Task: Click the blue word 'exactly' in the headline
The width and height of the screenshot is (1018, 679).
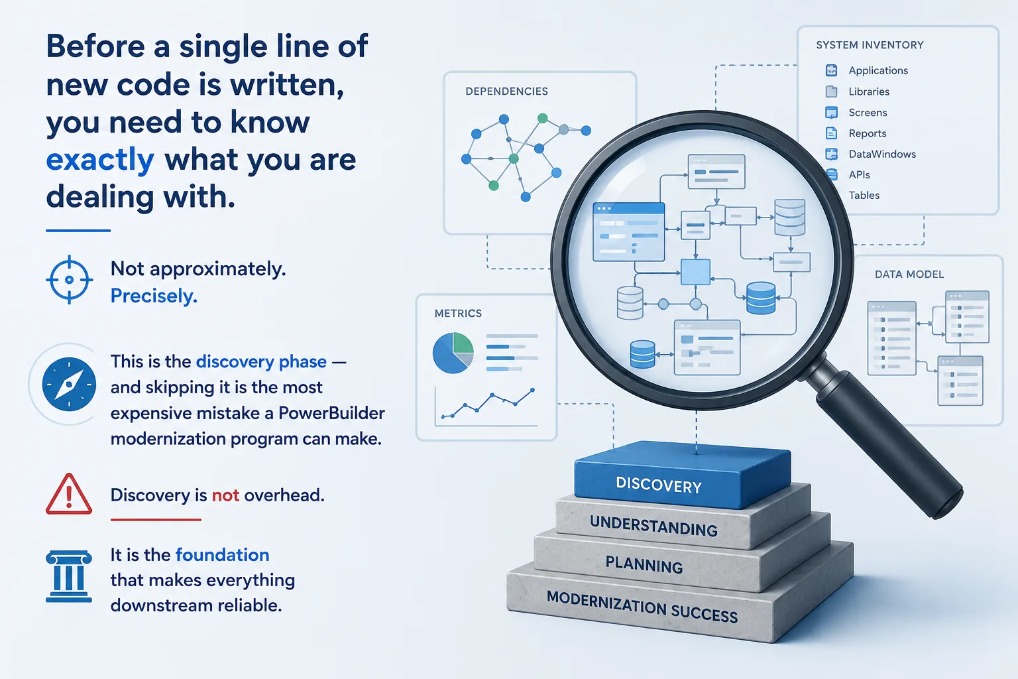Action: (x=100, y=160)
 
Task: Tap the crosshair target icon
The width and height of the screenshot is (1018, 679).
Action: (x=69, y=279)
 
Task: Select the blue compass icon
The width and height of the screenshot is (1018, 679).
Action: (x=69, y=385)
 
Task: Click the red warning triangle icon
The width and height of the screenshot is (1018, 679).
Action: (x=69, y=494)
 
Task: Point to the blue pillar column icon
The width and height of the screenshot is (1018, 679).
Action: (x=69, y=576)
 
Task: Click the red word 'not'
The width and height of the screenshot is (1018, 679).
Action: (x=225, y=495)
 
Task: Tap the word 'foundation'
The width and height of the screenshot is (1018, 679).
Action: (x=222, y=555)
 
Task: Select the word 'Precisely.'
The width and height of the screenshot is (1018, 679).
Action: (x=154, y=296)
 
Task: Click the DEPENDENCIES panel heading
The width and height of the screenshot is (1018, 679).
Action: (x=507, y=92)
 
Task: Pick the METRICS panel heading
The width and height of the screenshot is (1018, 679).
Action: (x=458, y=314)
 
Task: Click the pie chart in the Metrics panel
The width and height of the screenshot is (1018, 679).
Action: (x=453, y=353)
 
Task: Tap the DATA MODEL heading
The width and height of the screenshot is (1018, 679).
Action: (x=909, y=275)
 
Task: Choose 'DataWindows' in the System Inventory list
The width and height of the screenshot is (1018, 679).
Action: (x=882, y=154)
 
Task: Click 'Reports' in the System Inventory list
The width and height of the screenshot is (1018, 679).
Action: (x=868, y=133)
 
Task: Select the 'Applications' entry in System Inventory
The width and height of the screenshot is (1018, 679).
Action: (x=878, y=70)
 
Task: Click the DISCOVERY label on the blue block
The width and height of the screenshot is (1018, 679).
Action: (x=659, y=485)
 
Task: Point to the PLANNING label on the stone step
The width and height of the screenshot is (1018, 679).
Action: (x=644, y=565)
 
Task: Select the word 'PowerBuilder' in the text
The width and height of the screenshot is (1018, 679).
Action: (x=331, y=413)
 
